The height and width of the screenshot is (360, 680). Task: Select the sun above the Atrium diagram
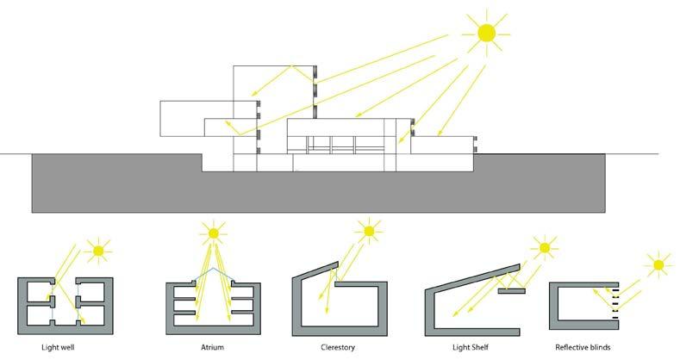point(211,232)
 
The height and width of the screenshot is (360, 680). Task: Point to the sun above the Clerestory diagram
point(370,231)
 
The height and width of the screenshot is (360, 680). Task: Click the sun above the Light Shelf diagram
point(545,249)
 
